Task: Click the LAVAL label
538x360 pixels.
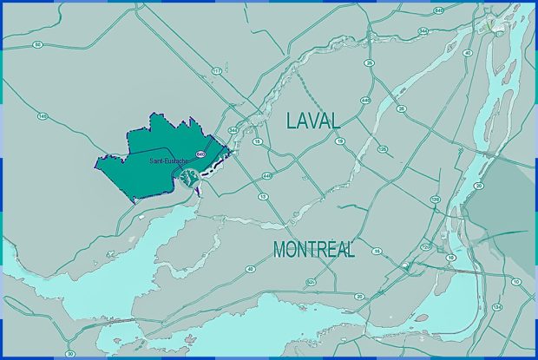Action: click(x=313, y=122)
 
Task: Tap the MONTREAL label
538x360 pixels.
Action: click(x=314, y=250)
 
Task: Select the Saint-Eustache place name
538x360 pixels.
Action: click(x=168, y=160)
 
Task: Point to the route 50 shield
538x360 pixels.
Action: click(x=38, y=44)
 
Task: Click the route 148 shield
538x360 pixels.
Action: click(x=42, y=115)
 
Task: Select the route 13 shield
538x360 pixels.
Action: click(x=263, y=198)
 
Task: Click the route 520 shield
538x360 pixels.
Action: click(x=311, y=282)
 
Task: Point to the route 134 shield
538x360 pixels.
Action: click(x=496, y=308)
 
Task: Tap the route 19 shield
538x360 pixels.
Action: click(x=340, y=141)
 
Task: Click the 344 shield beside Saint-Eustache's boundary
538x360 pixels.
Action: click(x=233, y=130)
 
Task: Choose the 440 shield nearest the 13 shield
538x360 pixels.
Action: click(x=266, y=176)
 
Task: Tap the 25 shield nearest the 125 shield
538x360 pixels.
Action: click(x=401, y=109)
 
